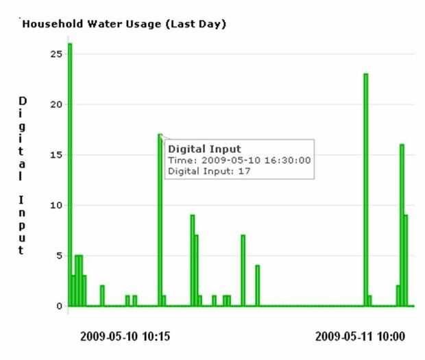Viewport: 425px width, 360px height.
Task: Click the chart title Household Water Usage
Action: coord(125,25)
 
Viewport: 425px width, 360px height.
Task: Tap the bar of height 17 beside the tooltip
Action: coord(160,219)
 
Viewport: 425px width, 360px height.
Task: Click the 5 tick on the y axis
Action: coord(60,255)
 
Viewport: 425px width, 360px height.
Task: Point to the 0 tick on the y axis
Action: coord(60,306)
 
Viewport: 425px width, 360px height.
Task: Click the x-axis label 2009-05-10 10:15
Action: coord(125,337)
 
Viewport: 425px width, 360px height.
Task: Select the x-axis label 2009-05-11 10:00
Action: coord(360,337)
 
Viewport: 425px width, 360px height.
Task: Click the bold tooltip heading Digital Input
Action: coord(200,148)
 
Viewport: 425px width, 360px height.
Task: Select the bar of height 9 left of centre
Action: coord(193,261)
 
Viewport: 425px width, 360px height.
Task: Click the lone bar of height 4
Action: coord(258,285)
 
